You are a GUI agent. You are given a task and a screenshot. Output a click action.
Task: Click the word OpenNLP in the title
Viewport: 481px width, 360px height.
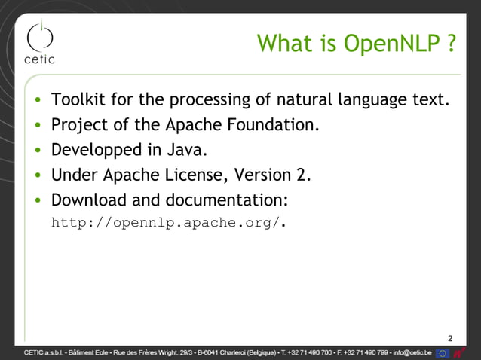click(390, 44)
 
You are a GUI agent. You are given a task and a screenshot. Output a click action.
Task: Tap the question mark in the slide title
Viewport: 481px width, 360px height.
click(451, 44)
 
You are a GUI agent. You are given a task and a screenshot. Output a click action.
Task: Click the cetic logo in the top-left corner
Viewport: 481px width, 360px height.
click(41, 44)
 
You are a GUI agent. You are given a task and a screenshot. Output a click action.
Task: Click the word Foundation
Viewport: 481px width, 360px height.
click(274, 124)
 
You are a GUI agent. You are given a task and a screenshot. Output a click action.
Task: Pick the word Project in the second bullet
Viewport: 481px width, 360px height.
click(78, 124)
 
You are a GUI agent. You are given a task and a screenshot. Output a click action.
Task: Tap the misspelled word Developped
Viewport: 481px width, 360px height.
click(96, 150)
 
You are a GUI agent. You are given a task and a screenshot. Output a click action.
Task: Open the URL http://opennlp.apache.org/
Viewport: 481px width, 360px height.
click(169, 223)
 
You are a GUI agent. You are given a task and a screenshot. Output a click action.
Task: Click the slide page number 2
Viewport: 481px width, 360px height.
click(451, 337)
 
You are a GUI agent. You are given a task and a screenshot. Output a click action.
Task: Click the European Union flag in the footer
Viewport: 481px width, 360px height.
click(443, 352)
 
